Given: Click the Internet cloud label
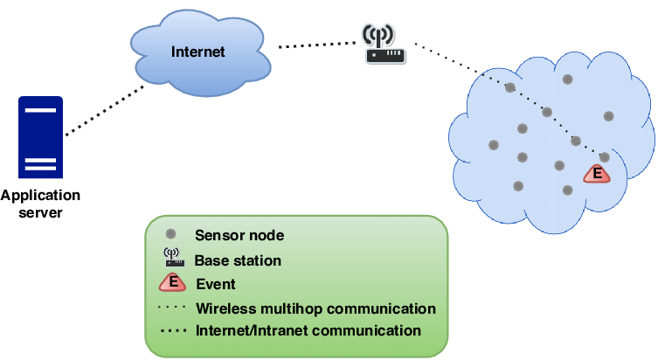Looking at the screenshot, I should click(197, 52).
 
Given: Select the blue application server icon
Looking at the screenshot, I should click(40, 137).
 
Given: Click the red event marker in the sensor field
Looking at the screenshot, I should click(597, 174).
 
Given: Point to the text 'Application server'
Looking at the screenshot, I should click(40, 204).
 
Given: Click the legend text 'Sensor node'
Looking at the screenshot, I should click(239, 235).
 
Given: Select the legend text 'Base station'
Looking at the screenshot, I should click(238, 260).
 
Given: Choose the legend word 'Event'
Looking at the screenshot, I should click(216, 284).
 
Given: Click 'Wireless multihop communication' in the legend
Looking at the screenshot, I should click(315, 308).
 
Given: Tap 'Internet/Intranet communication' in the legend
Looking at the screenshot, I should click(308, 331).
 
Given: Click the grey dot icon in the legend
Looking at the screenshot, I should click(171, 234).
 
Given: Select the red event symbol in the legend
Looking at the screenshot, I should click(173, 283).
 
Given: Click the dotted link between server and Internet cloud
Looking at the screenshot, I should click(105, 110).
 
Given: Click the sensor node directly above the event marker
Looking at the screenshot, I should click(604, 157).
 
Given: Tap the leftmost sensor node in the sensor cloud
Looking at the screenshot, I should click(493, 144).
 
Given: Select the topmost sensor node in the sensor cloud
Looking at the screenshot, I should click(567, 80).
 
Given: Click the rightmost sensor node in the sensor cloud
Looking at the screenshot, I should click(608, 116).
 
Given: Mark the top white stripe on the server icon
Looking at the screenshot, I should click(40, 111).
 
